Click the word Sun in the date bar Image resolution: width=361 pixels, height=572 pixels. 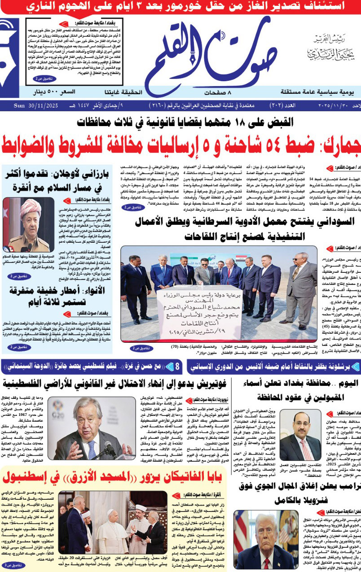tap(19, 106)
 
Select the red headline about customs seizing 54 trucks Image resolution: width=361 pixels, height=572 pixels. tap(180, 143)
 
